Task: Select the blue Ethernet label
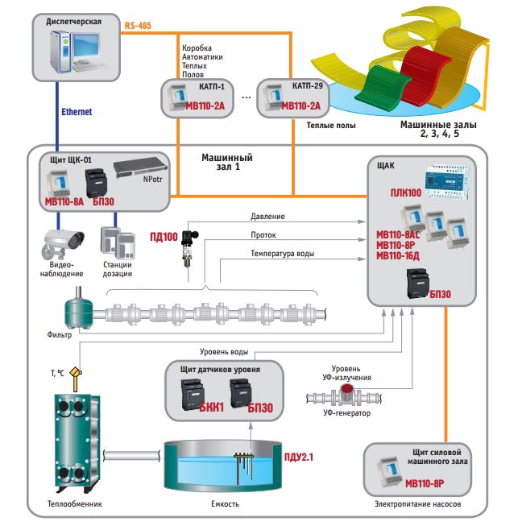(x=77, y=112)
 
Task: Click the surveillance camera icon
(x=64, y=239)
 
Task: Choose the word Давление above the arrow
(x=267, y=217)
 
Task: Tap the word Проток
(x=263, y=235)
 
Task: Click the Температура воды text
(x=282, y=254)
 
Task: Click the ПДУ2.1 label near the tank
(x=298, y=458)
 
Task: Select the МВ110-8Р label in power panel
(x=424, y=484)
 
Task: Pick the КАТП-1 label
(x=212, y=85)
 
